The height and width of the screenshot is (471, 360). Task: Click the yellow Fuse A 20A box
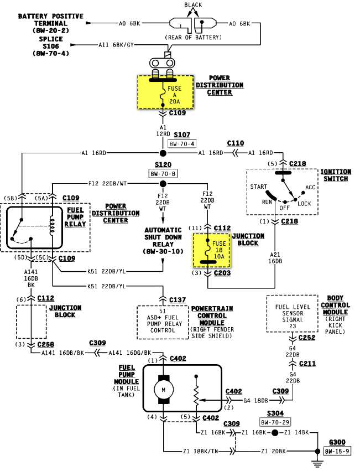tap(165, 92)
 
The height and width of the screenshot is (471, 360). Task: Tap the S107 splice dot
tap(163, 153)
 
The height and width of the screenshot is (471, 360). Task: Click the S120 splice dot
tap(163, 184)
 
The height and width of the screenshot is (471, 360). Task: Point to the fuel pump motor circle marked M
tap(164, 390)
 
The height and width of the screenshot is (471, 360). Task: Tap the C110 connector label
tap(236, 142)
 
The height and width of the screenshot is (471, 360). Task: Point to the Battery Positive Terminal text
tap(51, 23)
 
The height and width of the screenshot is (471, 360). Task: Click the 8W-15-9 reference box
tap(337, 452)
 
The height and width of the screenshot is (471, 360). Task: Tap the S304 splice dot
tap(274, 433)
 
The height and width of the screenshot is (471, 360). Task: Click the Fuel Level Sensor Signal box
tap(292, 313)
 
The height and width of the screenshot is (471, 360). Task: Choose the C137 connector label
tap(177, 299)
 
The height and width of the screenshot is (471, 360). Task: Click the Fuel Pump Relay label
tap(75, 218)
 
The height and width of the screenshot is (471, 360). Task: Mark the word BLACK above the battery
tap(193, 5)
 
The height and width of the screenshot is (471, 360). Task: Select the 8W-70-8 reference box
tap(163, 173)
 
